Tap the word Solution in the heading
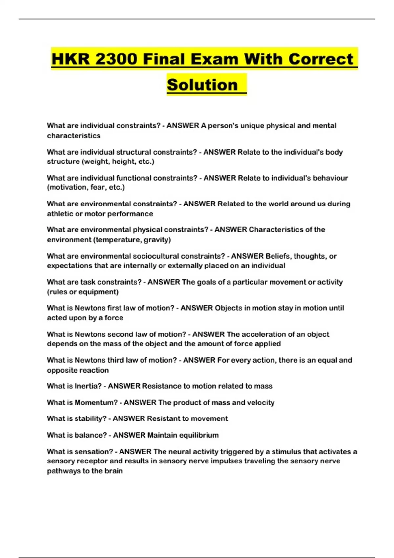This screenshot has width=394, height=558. tap(202, 85)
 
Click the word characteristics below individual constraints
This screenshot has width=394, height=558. tap(74, 136)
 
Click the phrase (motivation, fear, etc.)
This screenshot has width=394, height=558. tap(86, 187)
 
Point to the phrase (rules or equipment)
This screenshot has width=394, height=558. tap(83, 292)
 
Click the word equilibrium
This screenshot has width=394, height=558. tap(199, 435)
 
